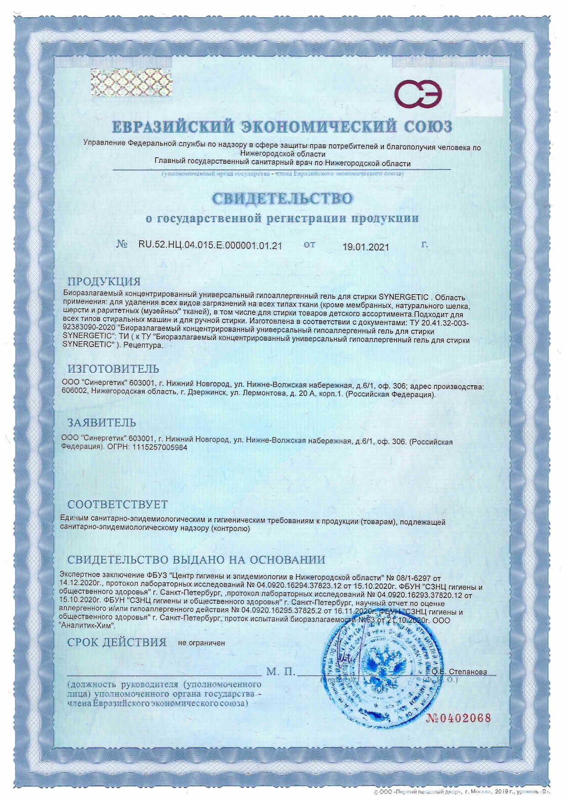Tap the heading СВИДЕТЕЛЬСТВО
pos(282,198)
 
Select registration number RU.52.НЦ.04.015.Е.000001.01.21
pos(210,245)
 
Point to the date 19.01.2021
pos(366,247)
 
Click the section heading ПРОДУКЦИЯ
pos(104,281)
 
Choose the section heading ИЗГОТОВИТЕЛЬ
pos(114,369)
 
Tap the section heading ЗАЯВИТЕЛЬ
pos(102,422)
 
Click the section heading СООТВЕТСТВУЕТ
pos(118,504)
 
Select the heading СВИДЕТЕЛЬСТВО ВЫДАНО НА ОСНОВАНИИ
pos(196,560)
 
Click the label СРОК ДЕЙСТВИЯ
pos(117,643)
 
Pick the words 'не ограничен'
pos(201,643)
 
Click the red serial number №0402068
pos(458,718)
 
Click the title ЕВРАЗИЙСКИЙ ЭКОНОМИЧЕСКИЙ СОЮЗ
pos(282,127)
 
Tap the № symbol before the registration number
pos(121,244)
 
